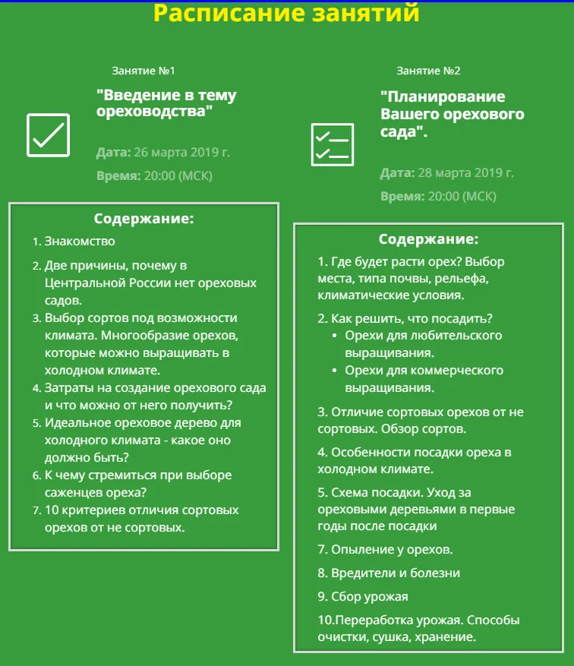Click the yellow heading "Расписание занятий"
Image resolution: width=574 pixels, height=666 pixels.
tap(286, 13)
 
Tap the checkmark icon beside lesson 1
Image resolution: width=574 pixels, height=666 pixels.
tap(48, 135)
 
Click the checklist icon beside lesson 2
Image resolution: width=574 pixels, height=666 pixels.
tap(333, 144)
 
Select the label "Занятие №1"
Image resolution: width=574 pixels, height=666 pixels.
tap(143, 71)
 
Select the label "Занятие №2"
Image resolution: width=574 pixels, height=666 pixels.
tap(428, 71)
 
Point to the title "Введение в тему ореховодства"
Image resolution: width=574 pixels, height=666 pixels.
tap(166, 103)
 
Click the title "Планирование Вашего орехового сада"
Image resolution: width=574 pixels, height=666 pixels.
tap(452, 114)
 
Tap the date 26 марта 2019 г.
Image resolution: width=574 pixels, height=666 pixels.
tap(181, 152)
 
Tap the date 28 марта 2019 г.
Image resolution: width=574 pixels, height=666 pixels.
tap(465, 173)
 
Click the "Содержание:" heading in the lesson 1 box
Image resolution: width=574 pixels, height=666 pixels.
tap(144, 219)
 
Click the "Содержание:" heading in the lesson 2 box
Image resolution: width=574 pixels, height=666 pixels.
tap(428, 240)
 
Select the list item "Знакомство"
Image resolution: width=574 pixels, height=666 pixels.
tap(80, 241)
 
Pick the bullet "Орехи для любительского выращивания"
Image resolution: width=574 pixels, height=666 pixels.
tap(424, 343)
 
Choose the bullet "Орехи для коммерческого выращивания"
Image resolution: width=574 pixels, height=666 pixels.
tap(424, 378)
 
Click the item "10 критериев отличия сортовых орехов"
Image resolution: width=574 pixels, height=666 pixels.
tap(141, 518)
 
